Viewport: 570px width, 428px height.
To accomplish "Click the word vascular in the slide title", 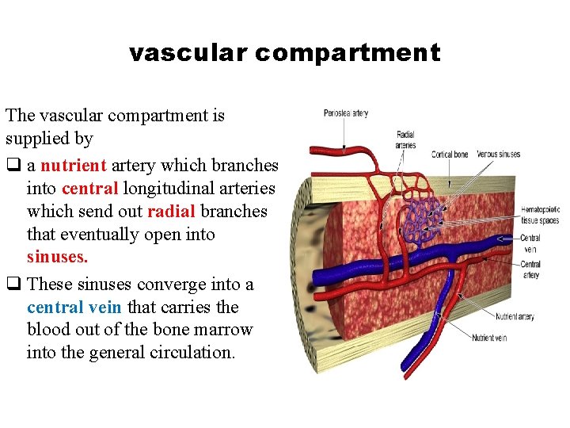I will [188, 53].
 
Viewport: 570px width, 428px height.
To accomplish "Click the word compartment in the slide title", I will [348, 53].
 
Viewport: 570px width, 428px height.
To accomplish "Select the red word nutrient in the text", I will [74, 166].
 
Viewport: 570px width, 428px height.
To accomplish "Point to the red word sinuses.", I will [58, 258].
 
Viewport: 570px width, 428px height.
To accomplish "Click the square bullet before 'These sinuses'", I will [12, 284].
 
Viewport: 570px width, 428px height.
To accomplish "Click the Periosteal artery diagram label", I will [346, 113].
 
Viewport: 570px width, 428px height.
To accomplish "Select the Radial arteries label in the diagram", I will [405, 140].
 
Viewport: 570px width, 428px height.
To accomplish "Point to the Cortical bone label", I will [450, 155].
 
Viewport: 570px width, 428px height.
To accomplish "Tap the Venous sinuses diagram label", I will [499, 155].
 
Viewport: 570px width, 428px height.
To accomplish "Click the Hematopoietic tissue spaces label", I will [540, 216].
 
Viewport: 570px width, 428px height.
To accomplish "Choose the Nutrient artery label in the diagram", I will [515, 317].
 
